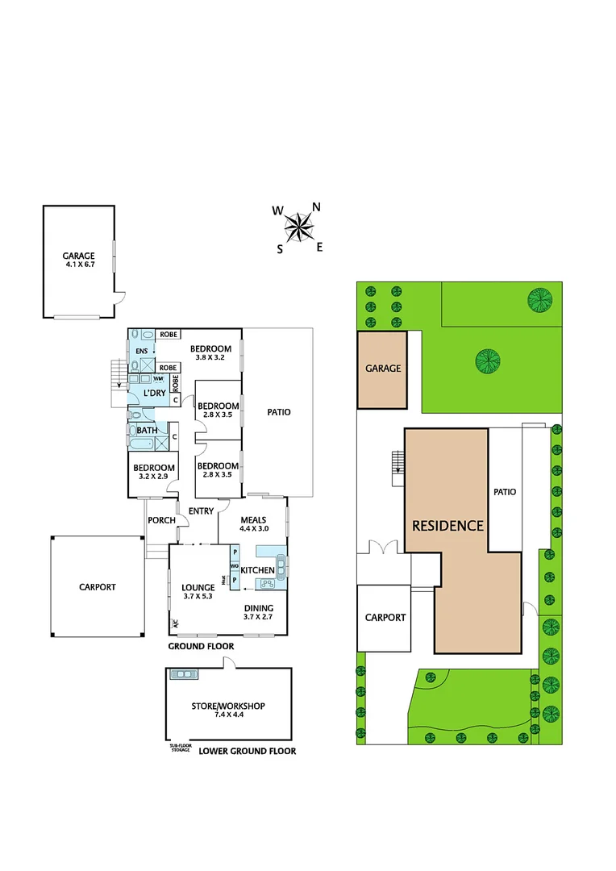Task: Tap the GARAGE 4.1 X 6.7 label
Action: [79, 260]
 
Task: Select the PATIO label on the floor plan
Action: [279, 412]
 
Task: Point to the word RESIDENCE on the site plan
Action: [447, 526]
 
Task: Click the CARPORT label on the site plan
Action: [385, 618]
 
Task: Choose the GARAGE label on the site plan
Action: [383, 369]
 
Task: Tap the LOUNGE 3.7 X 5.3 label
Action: [198, 592]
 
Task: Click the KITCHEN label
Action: [258, 571]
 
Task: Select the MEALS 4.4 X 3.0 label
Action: [254, 524]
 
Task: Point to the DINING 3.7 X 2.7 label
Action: [259, 613]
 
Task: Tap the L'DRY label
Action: [154, 393]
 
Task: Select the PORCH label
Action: [161, 520]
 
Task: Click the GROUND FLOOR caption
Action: [201, 647]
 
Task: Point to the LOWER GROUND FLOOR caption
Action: [247, 751]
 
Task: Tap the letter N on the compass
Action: [317, 206]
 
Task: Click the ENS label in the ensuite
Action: [141, 352]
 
